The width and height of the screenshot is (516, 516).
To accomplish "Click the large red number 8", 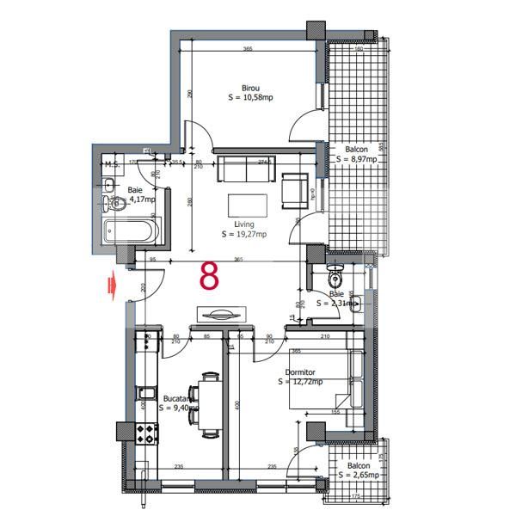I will (209, 276).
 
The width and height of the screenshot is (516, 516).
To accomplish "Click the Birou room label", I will (250, 88).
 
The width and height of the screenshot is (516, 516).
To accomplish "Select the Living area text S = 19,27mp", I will (244, 234).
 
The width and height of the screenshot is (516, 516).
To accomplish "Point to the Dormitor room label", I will (301, 372).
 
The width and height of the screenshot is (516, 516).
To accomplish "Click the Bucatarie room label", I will (178, 399).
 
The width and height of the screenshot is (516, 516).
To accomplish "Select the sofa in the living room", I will (247, 169).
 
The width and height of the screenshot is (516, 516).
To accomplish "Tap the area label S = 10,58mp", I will (250, 98).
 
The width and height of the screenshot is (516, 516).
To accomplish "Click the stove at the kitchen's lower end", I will (145, 433).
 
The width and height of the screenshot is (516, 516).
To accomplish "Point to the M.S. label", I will (111, 163).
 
